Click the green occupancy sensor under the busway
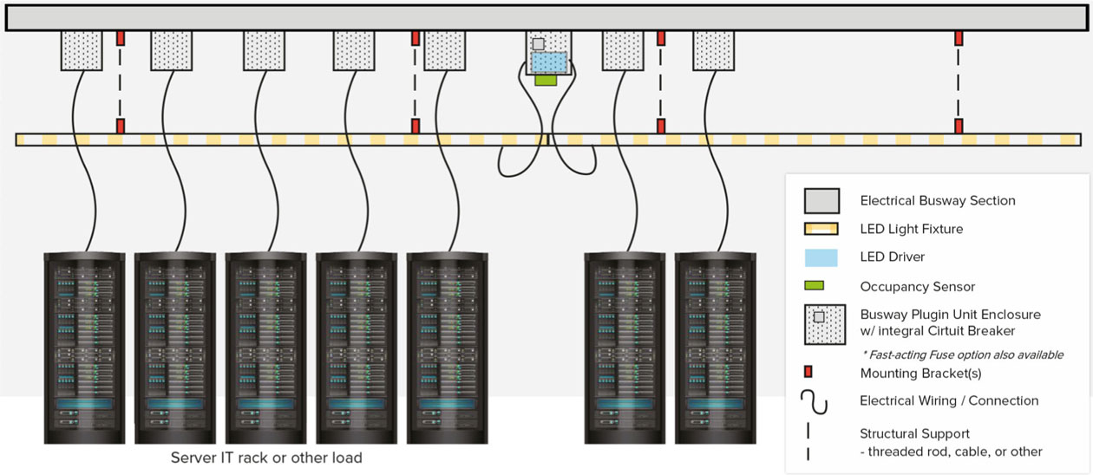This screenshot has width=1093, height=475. click(546, 80)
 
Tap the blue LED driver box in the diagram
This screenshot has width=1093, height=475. click(548, 62)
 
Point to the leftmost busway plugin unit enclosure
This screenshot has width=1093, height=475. click(82, 50)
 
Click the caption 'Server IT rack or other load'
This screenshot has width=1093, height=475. click(266, 458)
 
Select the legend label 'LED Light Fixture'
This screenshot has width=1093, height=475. click(911, 230)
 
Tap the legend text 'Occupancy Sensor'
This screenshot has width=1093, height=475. click(917, 286)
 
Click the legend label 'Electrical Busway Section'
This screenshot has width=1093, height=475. click(937, 200)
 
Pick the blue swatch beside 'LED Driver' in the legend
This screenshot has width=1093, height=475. click(821, 257)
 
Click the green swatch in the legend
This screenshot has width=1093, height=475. click(814, 285)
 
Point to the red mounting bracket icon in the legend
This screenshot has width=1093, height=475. click(808, 373)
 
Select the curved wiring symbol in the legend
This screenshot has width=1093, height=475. click(815, 401)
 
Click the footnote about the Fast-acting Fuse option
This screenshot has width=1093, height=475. click(963, 355)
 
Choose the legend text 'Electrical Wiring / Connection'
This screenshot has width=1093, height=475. click(948, 400)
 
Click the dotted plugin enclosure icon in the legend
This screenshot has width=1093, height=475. click(824, 322)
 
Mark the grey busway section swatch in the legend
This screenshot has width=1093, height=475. click(821, 200)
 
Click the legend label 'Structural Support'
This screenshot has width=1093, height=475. click(914, 433)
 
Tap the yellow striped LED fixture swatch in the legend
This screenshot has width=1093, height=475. click(821, 230)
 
